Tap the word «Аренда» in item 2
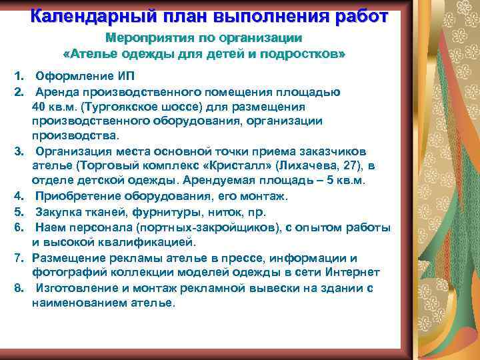click(59, 92)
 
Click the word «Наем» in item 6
click(52, 228)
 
